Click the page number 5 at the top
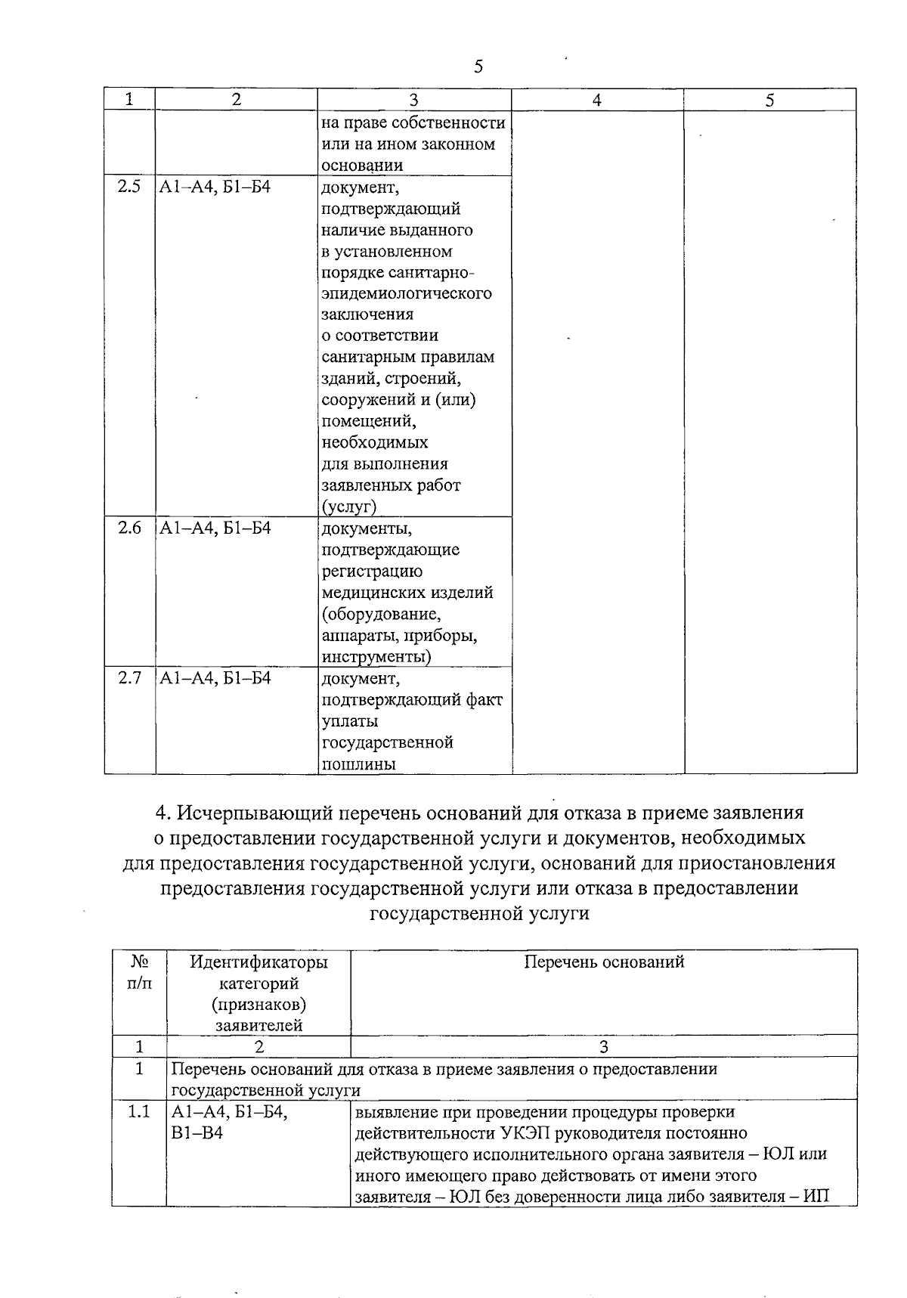point(478,67)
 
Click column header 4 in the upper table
point(596,100)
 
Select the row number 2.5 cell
point(129,187)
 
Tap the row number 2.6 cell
point(129,528)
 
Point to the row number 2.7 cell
point(129,678)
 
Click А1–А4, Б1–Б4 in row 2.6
point(215,528)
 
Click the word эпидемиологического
point(407,293)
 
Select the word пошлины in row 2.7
point(359,764)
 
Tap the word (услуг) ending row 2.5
point(348,506)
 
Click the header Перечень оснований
point(604,962)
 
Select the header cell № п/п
point(139,972)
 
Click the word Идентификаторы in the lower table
point(258,962)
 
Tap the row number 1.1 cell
point(139,1112)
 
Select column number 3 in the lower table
point(603,1047)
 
